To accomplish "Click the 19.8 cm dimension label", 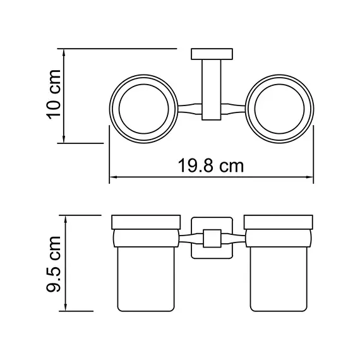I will (212, 167).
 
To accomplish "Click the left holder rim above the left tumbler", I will (143, 222).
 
